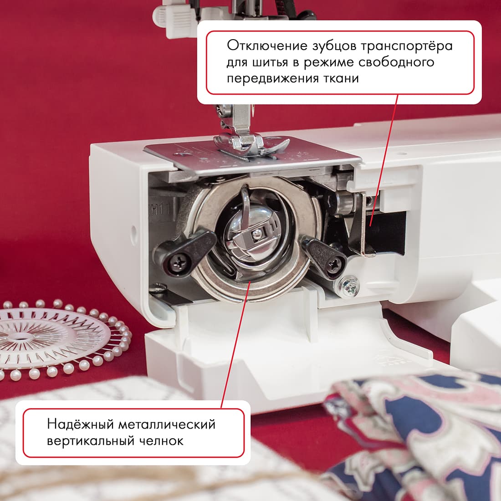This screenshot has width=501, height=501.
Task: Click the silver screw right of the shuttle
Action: tap(351, 286)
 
